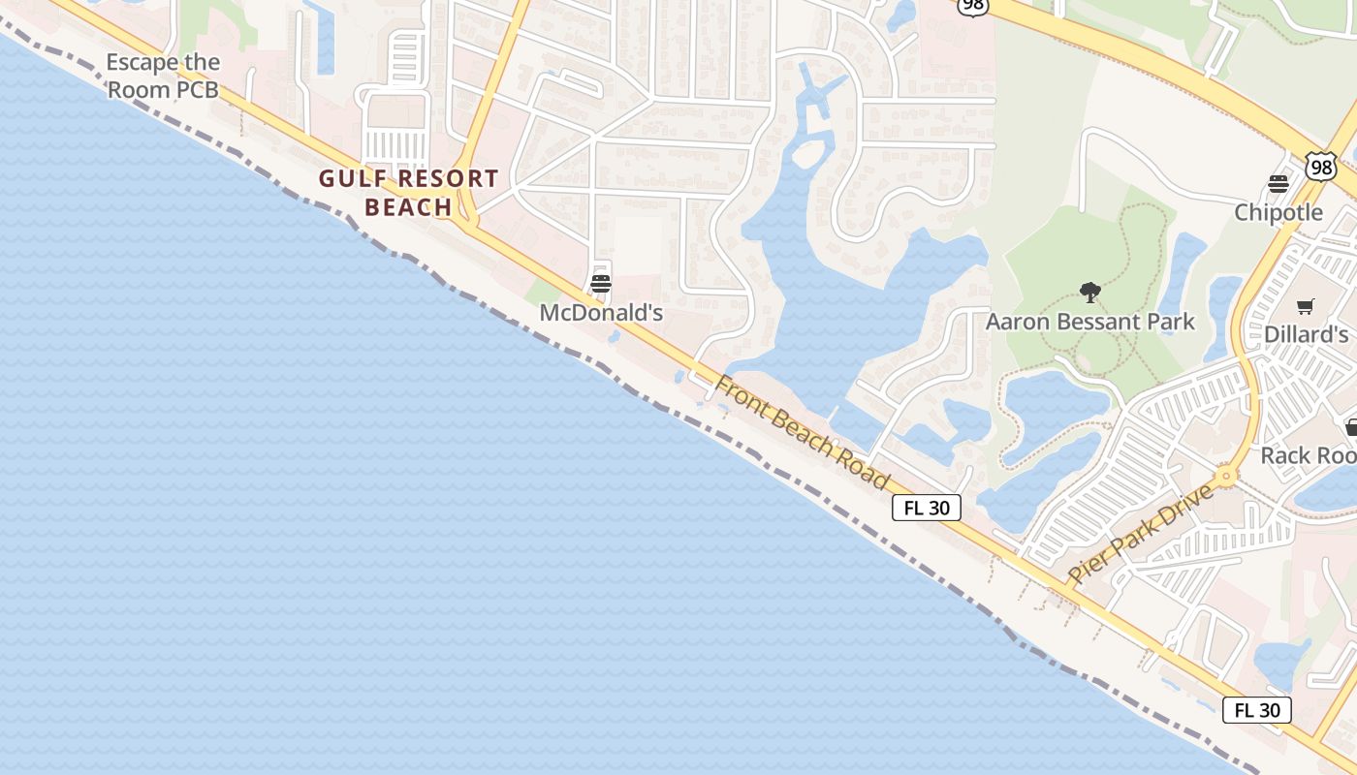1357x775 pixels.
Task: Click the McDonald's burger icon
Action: (601, 284)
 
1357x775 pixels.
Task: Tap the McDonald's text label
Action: (601, 313)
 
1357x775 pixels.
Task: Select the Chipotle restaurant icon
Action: (1278, 184)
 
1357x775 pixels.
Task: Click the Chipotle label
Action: (1278, 212)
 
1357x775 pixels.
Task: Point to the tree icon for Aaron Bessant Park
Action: (1090, 292)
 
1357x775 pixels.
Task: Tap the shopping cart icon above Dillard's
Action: (1306, 306)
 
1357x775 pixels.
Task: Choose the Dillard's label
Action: (1306, 334)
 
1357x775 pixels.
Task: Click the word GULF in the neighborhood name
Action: (354, 179)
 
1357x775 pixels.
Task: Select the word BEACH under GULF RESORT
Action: (408, 207)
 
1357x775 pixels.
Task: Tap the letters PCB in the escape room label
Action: (197, 91)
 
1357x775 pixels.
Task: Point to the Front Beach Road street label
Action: (802, 432)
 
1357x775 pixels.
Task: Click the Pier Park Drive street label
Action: (1140, 534)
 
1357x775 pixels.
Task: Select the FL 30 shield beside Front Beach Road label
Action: (927, 508)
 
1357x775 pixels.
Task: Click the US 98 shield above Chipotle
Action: (1319, 167)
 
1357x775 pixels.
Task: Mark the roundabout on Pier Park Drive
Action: (1226, 476)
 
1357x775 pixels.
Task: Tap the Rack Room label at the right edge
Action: (1309, 455)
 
